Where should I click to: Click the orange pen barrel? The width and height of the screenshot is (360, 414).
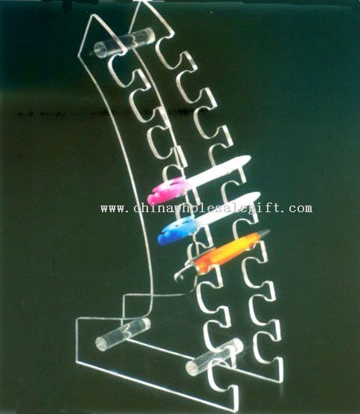coord(227,252)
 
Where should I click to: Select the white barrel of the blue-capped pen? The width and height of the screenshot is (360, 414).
coord(228,208)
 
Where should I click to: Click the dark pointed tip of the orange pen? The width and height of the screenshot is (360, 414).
coord(265,234)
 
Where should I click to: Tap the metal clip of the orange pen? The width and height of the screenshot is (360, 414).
coord(184,270)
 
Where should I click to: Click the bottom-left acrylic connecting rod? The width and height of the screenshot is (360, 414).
coord(123,334)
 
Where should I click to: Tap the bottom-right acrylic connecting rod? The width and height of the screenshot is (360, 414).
coord(214,357)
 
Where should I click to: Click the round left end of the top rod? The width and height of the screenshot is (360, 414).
coord(100,50)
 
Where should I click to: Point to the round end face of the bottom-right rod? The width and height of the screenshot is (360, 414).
coord(192,368)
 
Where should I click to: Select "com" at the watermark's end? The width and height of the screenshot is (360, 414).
coord(300,208)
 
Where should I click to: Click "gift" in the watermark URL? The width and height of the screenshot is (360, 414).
coord(266,208)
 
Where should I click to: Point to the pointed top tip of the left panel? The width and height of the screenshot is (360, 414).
coord(91,15)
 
